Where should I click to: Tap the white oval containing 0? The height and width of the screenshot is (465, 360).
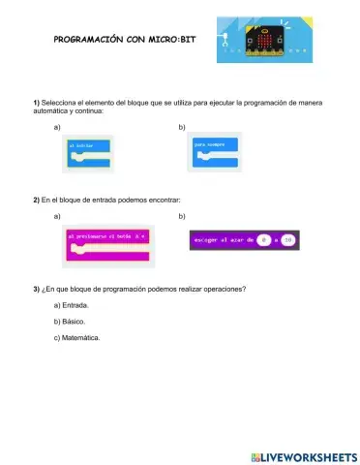coord(263,238)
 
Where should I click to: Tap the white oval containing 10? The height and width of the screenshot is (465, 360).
coord(287,238)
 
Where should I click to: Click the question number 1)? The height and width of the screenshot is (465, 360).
coord(36,103)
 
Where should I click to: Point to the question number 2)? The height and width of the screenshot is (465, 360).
coord(36,199)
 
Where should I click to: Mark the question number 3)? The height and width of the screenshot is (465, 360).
coord(36,289)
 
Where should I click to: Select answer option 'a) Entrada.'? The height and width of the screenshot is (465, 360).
coord(71,305)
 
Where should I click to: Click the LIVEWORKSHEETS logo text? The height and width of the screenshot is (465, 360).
coord(303,455)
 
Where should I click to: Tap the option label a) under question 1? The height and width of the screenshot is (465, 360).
coord(58,127)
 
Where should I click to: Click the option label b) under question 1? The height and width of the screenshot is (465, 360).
coord(183,127)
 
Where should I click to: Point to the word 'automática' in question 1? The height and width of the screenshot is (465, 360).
coord(52,111)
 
